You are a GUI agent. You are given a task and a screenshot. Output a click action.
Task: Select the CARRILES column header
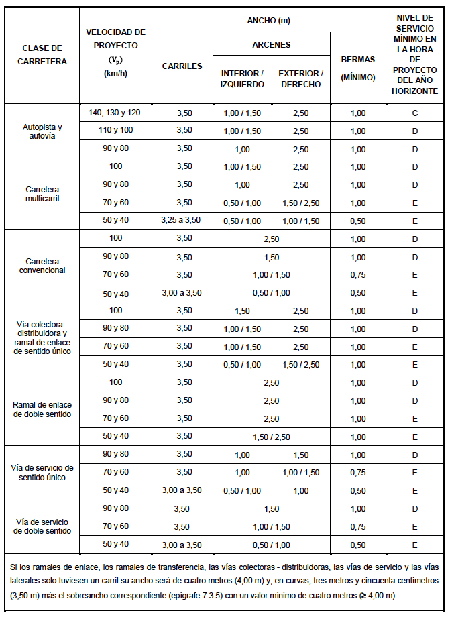182,66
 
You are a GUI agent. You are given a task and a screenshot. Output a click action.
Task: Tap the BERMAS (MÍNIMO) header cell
357,68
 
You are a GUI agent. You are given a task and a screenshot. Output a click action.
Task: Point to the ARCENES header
272,45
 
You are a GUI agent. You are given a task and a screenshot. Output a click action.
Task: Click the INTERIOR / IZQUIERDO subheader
242,78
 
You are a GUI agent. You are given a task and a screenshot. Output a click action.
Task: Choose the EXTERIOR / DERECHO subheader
300,78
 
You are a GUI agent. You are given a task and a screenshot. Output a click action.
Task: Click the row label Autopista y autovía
42,131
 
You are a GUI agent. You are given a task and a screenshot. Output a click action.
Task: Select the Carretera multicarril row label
42,194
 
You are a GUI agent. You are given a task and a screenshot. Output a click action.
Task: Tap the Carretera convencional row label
42,266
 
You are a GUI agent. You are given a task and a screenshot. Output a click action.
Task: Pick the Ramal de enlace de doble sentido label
42,409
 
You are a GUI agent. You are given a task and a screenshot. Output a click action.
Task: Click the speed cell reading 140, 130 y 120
115,112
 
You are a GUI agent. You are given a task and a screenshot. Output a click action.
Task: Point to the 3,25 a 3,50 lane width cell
182,220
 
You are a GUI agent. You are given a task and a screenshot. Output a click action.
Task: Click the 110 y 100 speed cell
115,130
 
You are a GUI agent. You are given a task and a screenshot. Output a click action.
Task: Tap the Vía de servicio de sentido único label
42,472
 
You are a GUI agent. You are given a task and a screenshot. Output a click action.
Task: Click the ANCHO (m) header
269,21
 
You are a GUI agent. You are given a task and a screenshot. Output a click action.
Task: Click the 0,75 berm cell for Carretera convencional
357,274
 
